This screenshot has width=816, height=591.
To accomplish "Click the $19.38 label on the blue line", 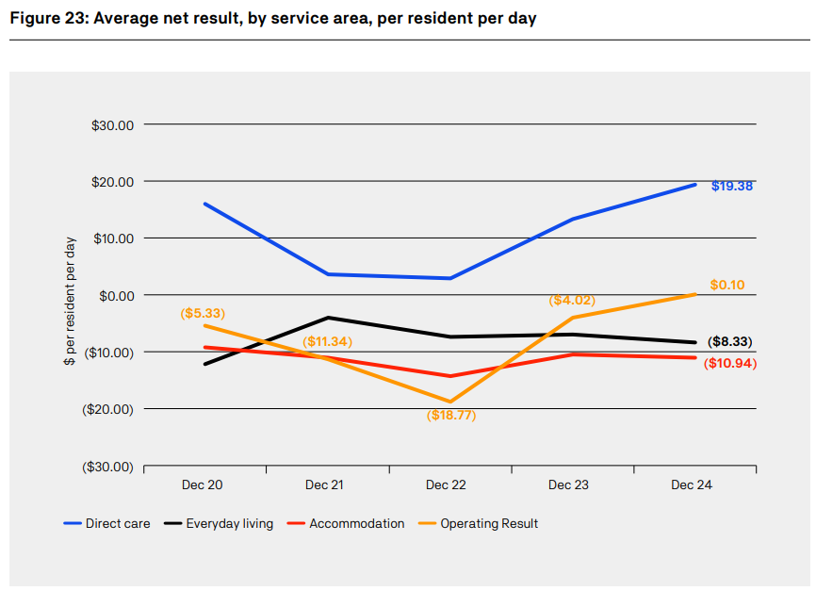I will click(731, 186).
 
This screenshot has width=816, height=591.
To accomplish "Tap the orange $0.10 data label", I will click(728, 285).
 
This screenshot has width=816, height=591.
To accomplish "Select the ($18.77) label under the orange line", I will click(450, 415).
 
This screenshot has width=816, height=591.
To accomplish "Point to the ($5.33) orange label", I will click(203, 313).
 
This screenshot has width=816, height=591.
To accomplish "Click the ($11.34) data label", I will click(327, 340).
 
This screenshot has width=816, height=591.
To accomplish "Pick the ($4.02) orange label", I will click(572, 301).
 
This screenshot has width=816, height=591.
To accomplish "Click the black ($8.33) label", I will click(729, 342).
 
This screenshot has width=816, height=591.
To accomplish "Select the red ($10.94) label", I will click(730, 363).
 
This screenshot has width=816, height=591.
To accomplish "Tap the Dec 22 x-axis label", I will click(446, 484).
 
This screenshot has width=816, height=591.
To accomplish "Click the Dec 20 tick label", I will click(203, 484).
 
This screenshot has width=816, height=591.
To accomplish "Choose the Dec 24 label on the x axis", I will click(691, 484).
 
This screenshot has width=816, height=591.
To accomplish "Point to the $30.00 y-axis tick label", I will click(113, 125).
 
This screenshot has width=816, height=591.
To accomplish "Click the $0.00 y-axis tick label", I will click(116, 295).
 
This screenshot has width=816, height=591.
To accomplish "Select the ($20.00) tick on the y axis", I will click(107, 409).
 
